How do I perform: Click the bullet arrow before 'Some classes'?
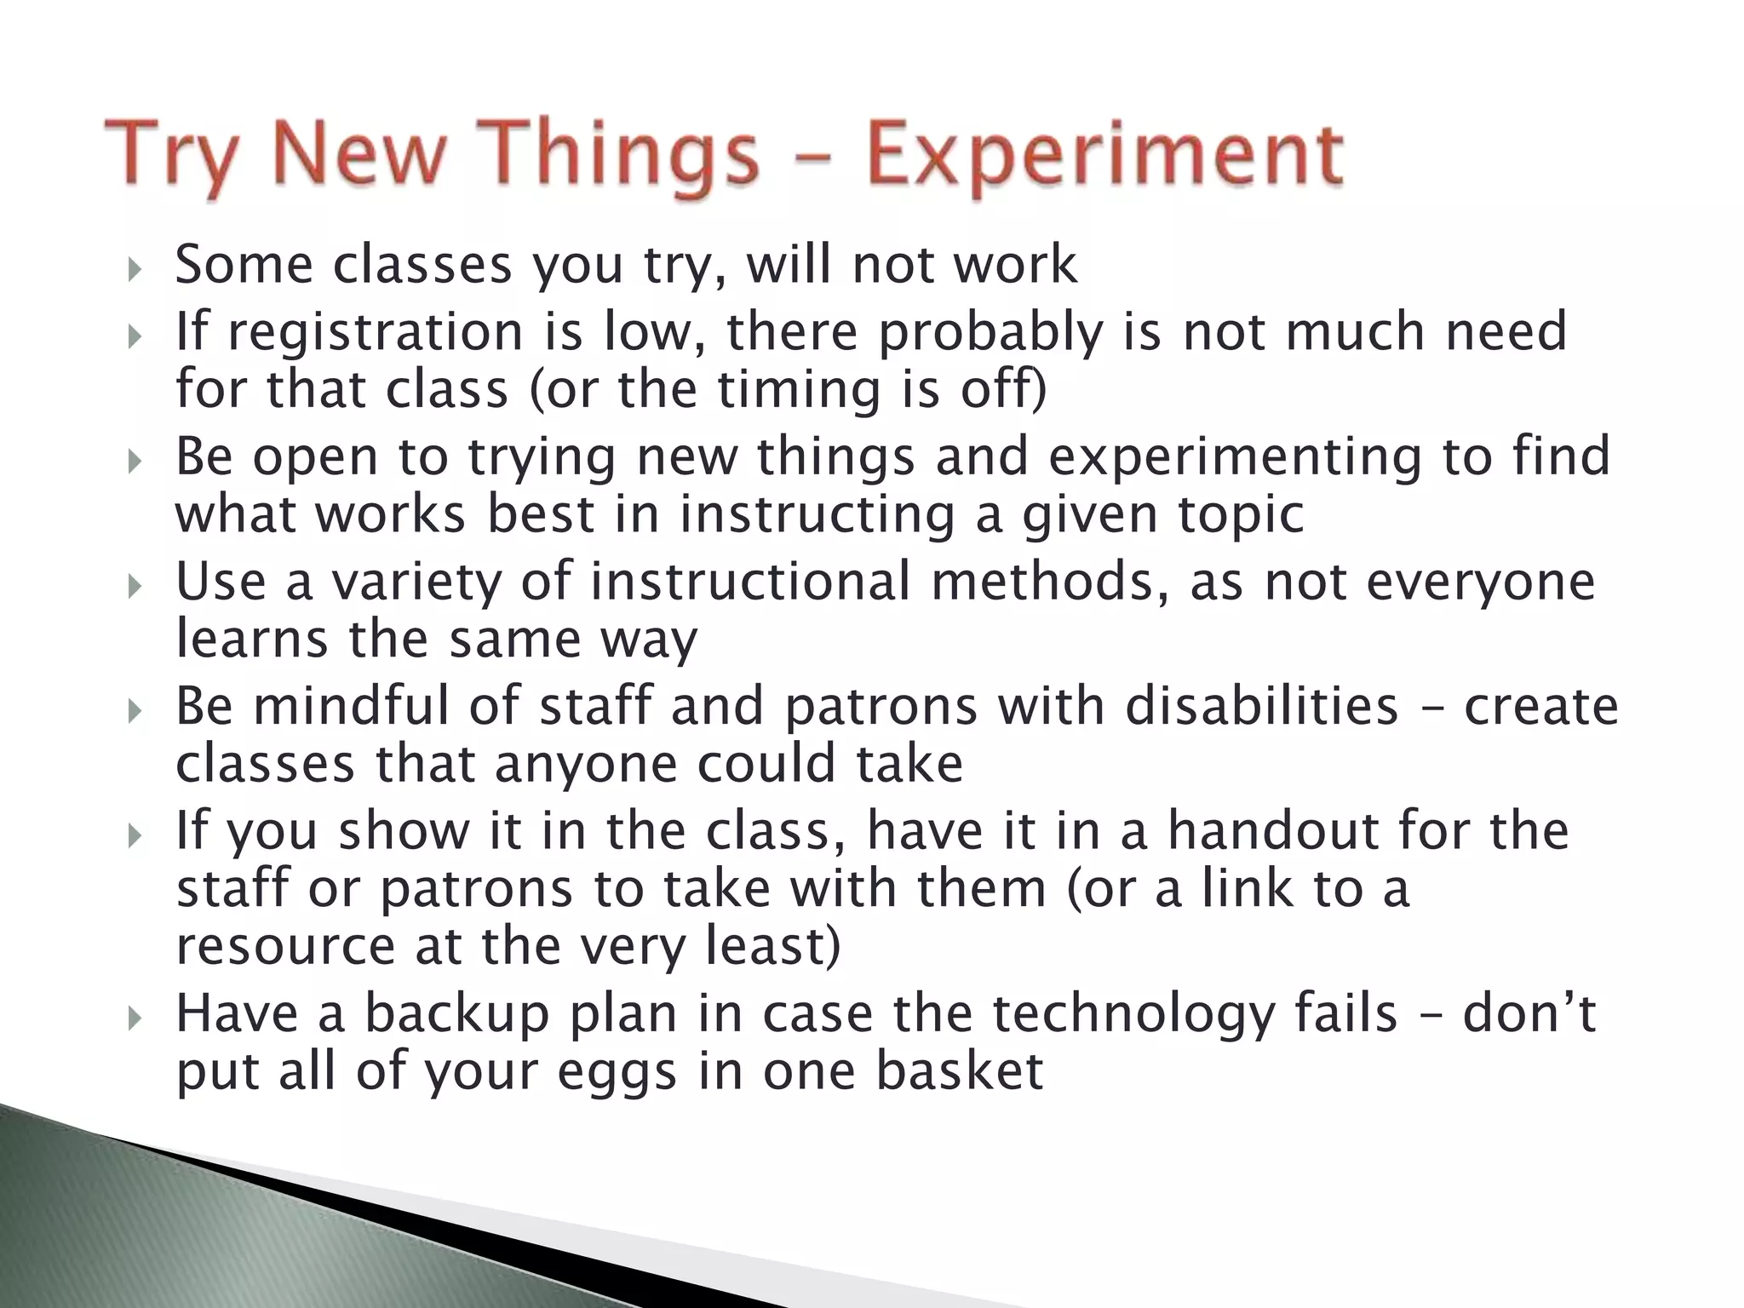pos(135,272)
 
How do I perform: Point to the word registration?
pos(375,333)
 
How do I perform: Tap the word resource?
pos(285,947)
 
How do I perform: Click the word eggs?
pos(617,1074)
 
